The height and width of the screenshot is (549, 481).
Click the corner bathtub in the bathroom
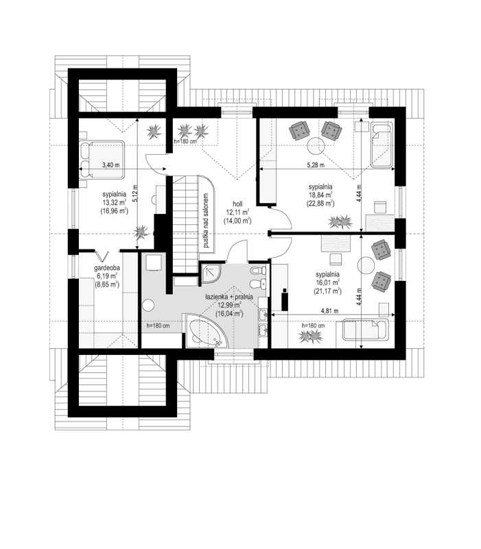click(x=205, y=331)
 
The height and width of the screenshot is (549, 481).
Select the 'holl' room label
click(x=237, y=204)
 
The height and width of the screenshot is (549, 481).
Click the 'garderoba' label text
click(x=107, y=268)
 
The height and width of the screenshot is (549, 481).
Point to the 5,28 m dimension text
click(x=316, y=165)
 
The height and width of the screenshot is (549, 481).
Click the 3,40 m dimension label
click(x=110, y=165)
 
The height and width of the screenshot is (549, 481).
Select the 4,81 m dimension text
click(x=330, y=310)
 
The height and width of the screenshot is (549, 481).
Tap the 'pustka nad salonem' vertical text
click(x=206, y=221)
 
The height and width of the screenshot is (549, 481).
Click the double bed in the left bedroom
click(x=102, y=160)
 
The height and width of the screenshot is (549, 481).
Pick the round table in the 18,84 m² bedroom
click(x=316, y=146)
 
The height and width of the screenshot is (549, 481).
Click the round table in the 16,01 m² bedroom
click(x=366, y=266)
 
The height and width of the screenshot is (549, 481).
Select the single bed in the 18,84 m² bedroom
click(x=382, y=145)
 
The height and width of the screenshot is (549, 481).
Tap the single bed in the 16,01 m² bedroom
click(x=366, y=329)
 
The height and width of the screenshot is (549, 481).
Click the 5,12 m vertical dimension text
click(x=136, y=193)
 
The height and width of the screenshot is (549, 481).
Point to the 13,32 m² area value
click(x=115, y=202)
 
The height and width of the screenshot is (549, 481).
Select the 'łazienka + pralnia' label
click(x=229, y=297)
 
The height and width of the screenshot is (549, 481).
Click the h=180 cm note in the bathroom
click(x=158, y=326)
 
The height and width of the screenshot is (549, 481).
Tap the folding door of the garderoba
click(x=102, y=255)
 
